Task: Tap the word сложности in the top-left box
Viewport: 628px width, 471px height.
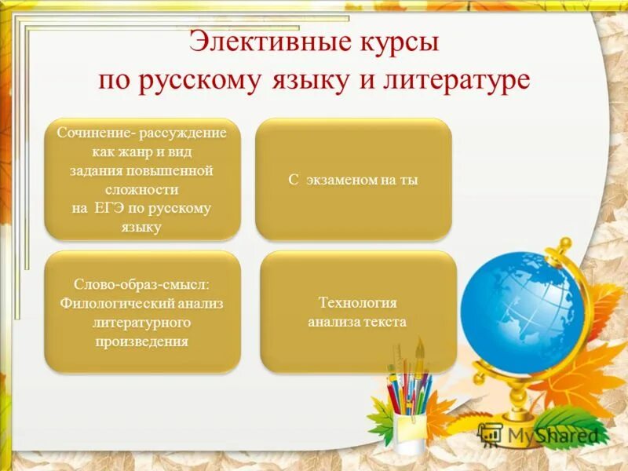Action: tap(142, 189)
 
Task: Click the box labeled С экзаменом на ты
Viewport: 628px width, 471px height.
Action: tap(353, 180)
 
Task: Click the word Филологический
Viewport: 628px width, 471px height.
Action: tap(109, 303)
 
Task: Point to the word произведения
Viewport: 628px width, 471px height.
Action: tap(142, 341)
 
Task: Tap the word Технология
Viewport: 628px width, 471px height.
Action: tap(357, 302)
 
